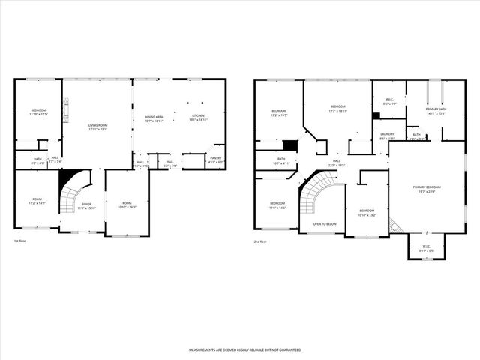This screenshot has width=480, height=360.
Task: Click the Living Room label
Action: [x=97, y=128]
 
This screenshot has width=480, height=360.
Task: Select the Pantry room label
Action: [x=215, y=160]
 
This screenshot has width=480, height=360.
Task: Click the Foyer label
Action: [x=88, y=205]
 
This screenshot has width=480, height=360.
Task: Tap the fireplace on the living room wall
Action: [x=66, y=112]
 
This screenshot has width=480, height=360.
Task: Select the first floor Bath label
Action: [x=37, y=159]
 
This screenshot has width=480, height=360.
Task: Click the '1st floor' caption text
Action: [x=20, y=241]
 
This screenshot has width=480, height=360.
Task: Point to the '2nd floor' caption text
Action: [x=261, y=241]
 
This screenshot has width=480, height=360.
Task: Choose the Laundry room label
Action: [x=386, y=137]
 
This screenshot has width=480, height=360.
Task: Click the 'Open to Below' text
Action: [x=324, y=224]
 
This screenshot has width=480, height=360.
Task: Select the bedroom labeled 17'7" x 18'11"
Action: [x=337, y=109]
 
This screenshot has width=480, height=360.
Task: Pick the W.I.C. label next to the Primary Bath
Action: [x=389, y=102]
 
